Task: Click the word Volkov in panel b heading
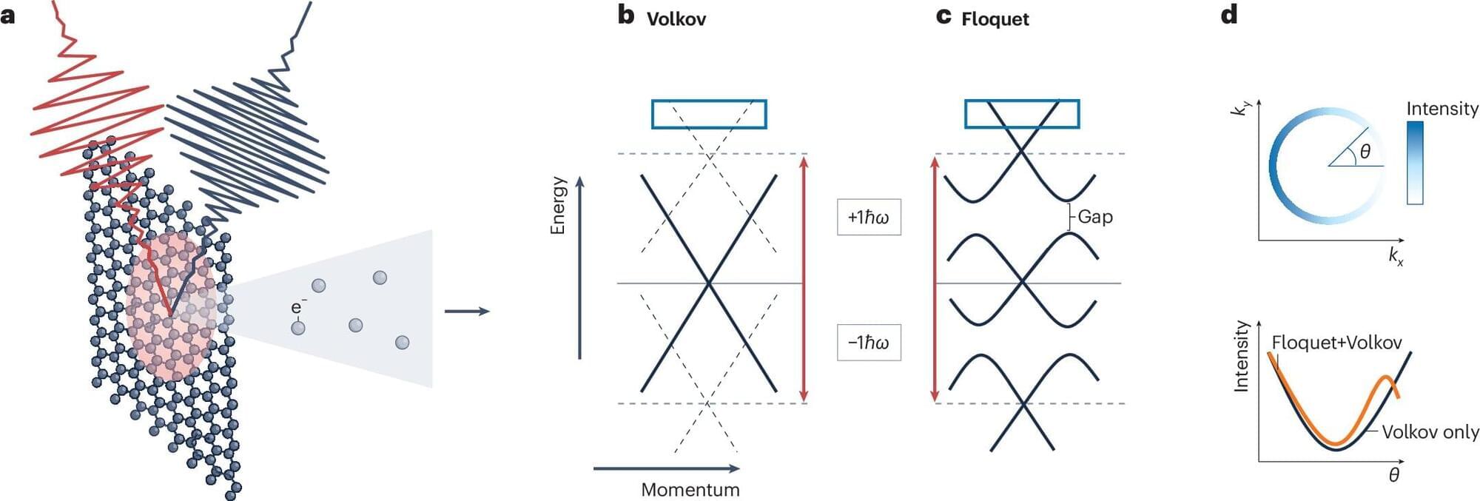click(676, 19)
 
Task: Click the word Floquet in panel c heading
click(995, 19)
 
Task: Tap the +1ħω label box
click(869, 217)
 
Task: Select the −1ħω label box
click(869, 342)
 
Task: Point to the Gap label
click(1095, 217)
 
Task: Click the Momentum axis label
click(690, 489)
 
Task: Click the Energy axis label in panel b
click(558, 205)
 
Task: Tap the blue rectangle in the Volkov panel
click(709, 114)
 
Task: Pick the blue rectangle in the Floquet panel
click(1022, 114)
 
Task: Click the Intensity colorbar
click(1415, 163)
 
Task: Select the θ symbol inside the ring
click(1365, 152)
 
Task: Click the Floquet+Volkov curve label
click(1336, 343)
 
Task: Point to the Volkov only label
click(1430, 432)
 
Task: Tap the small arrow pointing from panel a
click(467, 311)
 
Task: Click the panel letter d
click(1229, 15)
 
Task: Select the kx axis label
click(1396, 256)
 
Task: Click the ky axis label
click(1240, 108)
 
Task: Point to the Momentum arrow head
click(734, 468)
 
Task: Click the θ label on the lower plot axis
click(1393, 475)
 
